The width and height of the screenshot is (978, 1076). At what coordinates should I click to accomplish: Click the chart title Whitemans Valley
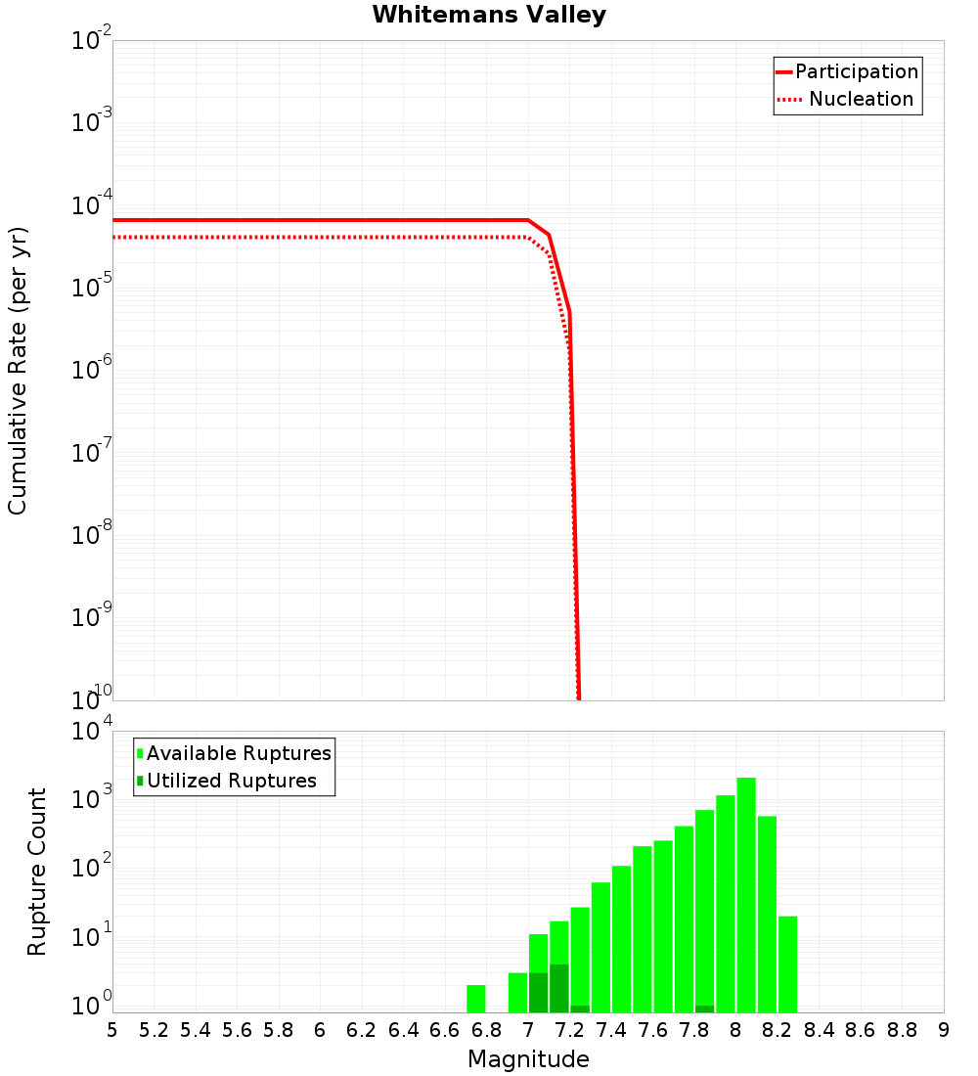[x=489, y=16]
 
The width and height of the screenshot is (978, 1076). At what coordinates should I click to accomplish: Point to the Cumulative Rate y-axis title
[x=18, y=371]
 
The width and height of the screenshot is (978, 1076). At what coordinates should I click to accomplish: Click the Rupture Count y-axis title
[x=37, y=872]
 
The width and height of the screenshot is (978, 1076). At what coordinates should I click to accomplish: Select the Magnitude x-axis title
[x=528, y=1059]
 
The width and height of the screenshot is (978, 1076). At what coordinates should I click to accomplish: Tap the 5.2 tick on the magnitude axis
[x=155, y=1030]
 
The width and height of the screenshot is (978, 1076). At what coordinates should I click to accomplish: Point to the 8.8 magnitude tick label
[x=902, y=1030]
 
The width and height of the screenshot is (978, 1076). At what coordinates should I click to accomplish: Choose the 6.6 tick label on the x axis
[x=445, y=1030]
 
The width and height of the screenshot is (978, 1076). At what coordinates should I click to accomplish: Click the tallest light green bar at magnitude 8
[x=746, y=895]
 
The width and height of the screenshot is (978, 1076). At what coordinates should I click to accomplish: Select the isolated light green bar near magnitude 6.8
[x=476, y=999]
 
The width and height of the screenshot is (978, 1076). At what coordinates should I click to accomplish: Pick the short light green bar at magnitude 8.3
[x=788, y=964]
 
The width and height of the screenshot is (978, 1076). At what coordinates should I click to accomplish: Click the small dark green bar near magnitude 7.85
[x=704, y=1009]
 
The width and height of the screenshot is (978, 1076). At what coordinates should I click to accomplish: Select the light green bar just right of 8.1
[x=767, y=915]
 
